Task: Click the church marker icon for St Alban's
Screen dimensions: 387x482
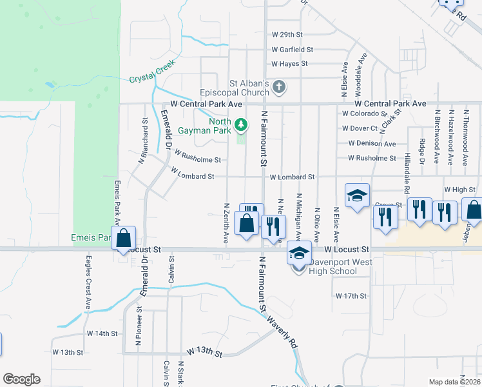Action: click(279, 86)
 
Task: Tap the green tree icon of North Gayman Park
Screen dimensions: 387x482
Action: click(241, 123)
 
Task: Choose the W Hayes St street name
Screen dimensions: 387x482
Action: click(289, 64)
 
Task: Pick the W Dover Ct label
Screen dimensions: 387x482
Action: click(360, 128)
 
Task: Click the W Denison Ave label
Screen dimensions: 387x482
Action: click(372, 143)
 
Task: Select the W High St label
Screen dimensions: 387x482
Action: click(459, 190)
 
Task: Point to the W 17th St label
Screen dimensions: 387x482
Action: click(351, 295)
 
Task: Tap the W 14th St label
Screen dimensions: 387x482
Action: click(102, 334)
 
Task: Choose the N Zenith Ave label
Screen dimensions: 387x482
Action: click(226, 223)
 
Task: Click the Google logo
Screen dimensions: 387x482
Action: click(21, 379)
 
